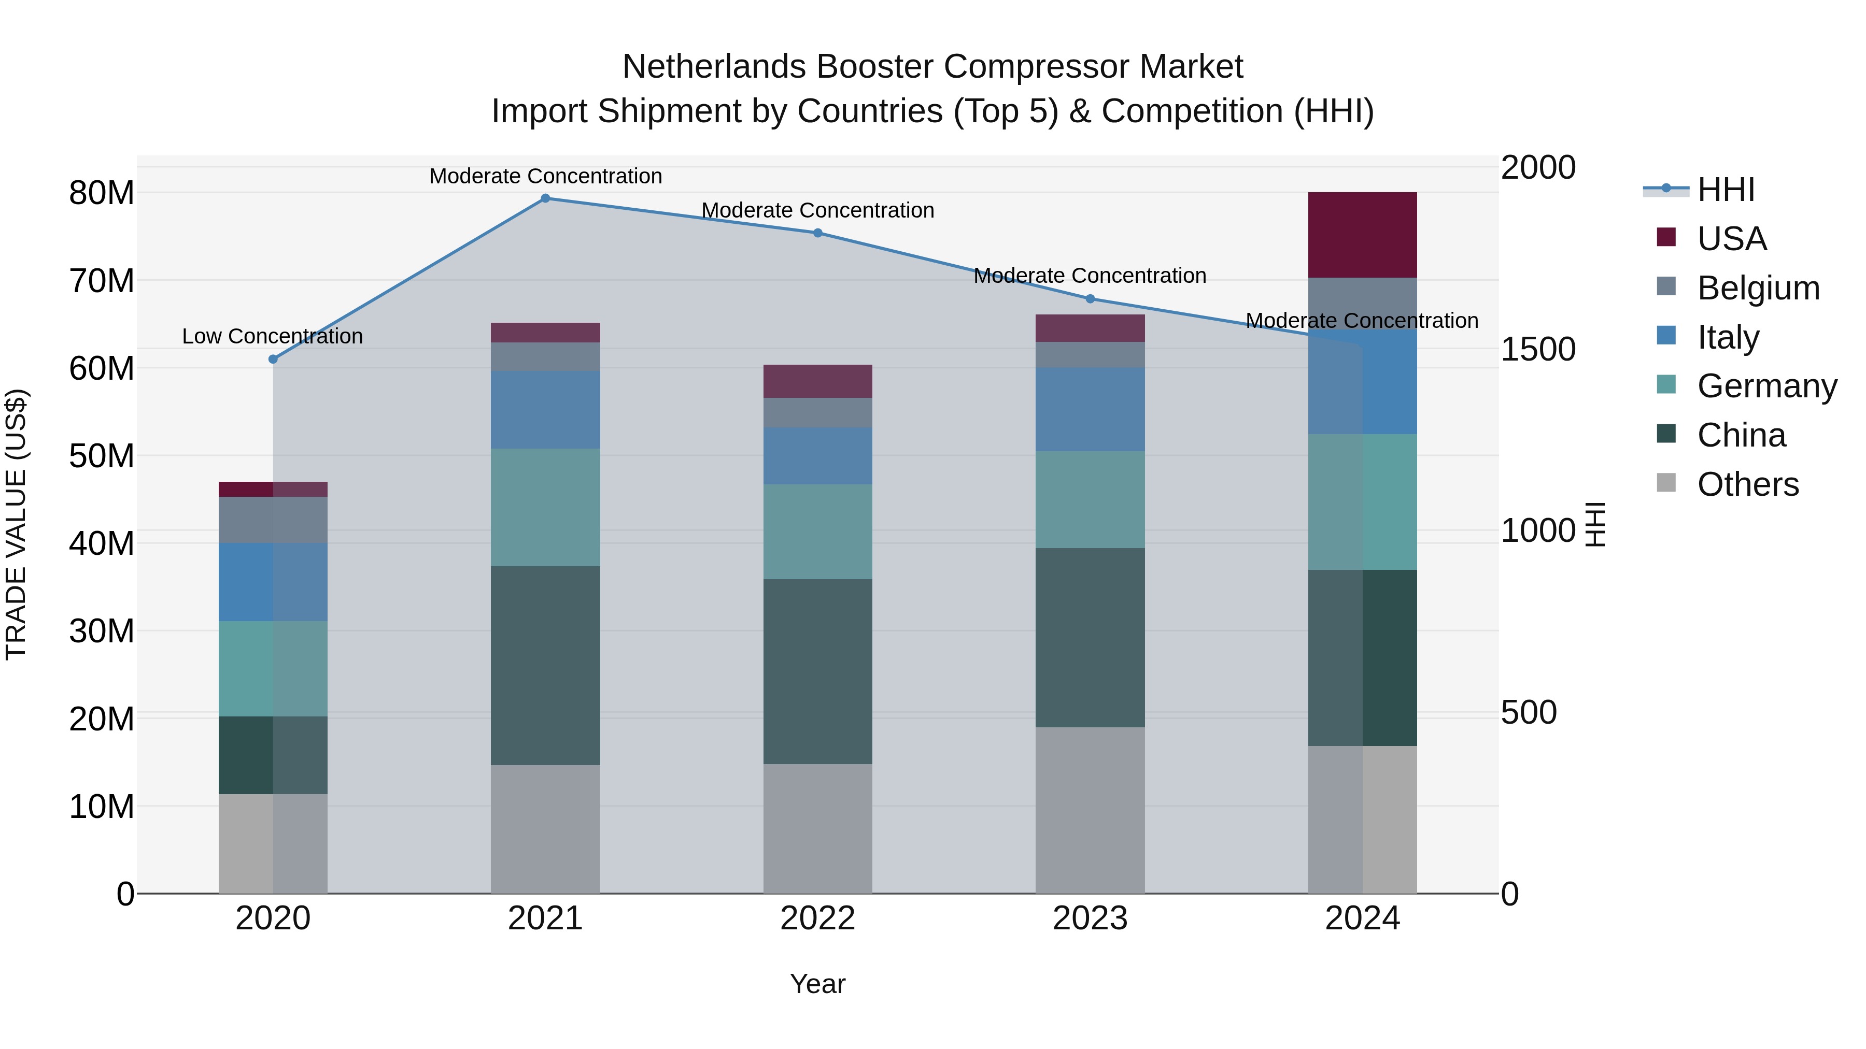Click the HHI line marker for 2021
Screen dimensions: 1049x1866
click(x=545, y=198)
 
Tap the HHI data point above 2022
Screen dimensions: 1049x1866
click(x=818, y=233)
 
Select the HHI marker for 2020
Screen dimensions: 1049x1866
click(x=273, y=359)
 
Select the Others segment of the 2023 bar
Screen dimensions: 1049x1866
click(x=1090, y=810)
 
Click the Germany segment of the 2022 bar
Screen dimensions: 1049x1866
click(x=818, y=531)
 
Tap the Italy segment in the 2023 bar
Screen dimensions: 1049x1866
click(x=1090, y=409)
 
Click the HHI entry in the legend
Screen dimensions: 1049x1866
click(x=1726, y=190)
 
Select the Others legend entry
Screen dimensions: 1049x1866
click(x=1747, y=484)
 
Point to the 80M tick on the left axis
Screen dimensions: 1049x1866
click(x=102, y=193)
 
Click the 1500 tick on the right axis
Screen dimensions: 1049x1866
click(x=1538, y=349)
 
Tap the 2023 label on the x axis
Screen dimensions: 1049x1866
click(x=1090, y=918)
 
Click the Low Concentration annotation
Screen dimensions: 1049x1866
click(x=272, y=337)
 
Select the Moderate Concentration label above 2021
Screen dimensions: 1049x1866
click(x=545, y=176)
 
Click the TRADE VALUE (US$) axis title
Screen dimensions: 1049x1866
click(x=16, y=524)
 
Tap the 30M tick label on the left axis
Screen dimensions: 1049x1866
click(x=102, y=631)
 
